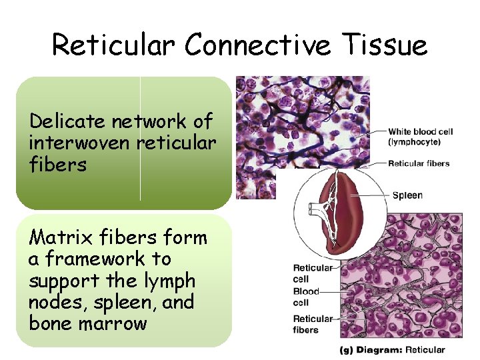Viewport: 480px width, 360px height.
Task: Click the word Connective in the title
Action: (257, 45)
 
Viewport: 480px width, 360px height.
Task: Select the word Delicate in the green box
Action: (67, 121)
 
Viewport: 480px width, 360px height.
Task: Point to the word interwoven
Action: (80, 143)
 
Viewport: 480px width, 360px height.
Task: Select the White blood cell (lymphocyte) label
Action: (420, 137)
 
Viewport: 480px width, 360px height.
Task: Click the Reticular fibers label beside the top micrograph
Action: (419, 163)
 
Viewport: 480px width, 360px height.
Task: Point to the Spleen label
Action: (407, 195)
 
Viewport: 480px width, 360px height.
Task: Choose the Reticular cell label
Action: (313, 273)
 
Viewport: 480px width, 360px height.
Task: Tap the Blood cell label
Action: (306, 297)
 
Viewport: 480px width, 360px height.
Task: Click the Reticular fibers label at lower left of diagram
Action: (313, 324)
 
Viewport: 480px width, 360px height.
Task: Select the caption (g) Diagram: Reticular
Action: (392, 349)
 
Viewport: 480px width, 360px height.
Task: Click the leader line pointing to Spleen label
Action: (370, 196)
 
